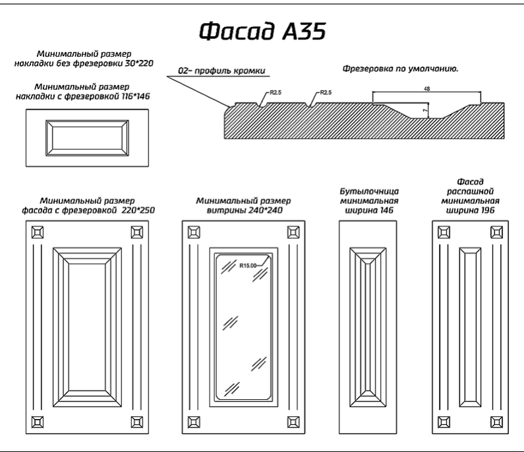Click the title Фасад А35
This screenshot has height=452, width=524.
(262, 31)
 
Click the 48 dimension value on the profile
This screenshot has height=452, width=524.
(426, 88)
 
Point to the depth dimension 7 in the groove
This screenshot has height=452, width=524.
(425, 110)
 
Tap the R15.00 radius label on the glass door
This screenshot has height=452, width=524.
(248, 266)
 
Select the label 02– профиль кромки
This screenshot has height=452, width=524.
(221, 71)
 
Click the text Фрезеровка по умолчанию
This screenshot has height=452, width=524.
(400, 69)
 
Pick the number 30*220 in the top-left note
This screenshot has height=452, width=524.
(139, 63)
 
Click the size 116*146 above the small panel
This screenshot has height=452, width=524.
(136, 96)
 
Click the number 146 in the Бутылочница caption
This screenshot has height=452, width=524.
(386, 210)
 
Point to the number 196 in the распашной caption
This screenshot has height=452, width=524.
(486, 210)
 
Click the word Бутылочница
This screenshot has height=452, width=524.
(369, 192)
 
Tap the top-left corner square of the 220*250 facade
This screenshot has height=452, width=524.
(38, 232)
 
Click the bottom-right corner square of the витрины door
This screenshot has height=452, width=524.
(293, 422)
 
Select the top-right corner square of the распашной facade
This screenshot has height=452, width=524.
(496, 232)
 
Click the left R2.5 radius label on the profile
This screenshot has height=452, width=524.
(276, 92)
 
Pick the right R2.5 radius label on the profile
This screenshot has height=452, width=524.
(326, 92)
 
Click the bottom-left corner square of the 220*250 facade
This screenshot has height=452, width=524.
(38, 422)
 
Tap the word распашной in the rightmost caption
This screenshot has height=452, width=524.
(470, 191)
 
